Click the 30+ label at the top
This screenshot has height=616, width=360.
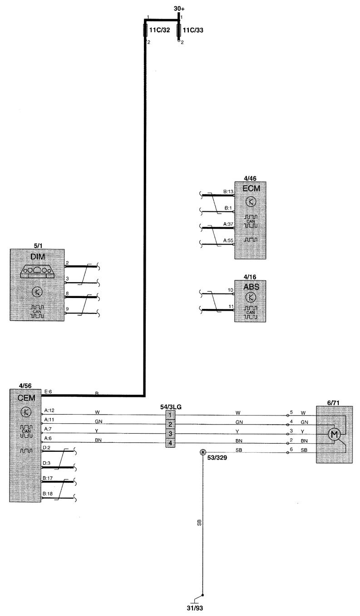(179, 9)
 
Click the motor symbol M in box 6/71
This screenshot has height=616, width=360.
(335, 434)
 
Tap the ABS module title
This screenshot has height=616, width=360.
(250, 287)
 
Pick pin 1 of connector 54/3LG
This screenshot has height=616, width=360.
(170, 415)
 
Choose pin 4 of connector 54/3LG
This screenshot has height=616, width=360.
(170, 443)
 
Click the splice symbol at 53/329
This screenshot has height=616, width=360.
(202, 452)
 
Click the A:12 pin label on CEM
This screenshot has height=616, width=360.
(49, 411)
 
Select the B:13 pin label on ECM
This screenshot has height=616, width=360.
(228, 191)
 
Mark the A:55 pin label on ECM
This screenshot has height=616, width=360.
(228, 240)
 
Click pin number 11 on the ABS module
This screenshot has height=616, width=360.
(230, 307)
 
